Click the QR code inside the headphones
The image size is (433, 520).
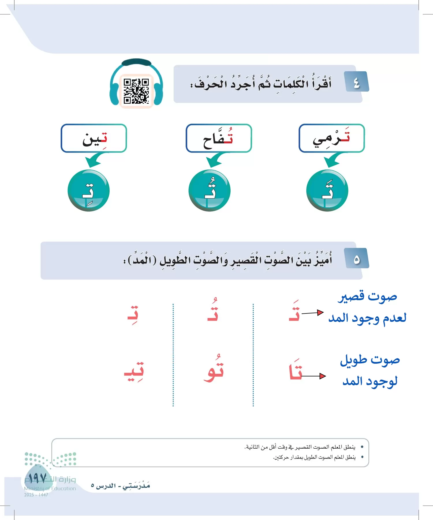click(136, 91)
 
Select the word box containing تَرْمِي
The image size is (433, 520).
click(332, 138)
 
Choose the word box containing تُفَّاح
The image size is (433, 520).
click(219, 138)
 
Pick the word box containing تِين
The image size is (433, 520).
click(94, 138)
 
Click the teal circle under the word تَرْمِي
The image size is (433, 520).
click(327, 191)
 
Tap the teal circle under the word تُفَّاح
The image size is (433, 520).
click(209, 191)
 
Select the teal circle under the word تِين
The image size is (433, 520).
click(89, 191)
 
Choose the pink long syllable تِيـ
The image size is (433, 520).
click(134, 372)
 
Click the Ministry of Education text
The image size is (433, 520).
click(50, 489)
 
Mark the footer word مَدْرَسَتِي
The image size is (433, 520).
click(136, 486)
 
